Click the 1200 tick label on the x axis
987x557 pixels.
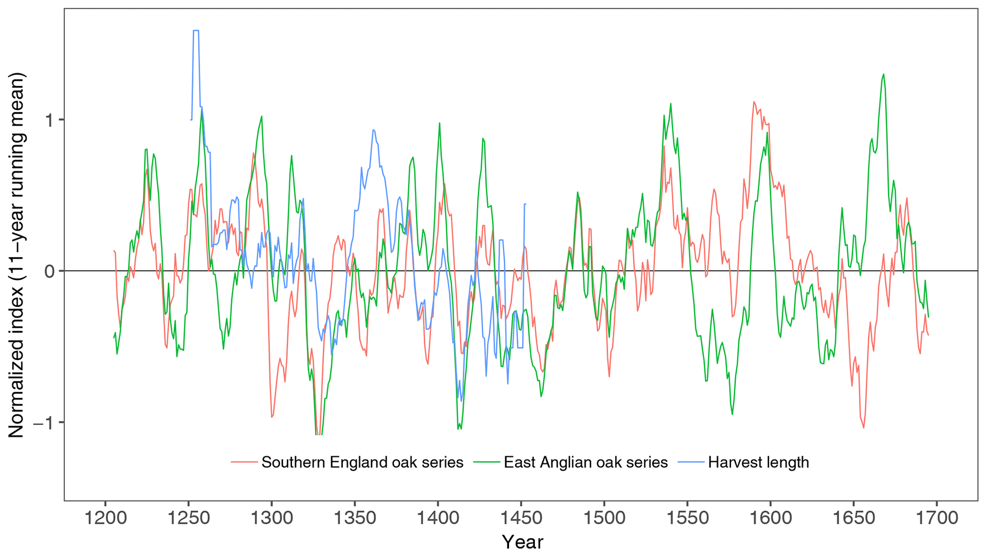[x=106, y=518]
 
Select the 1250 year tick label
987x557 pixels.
[x=189, y=518]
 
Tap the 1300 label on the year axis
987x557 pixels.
[x=272, y=518]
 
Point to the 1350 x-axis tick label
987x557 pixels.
[x=355, y=518]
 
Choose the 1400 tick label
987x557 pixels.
[x=438, y=518]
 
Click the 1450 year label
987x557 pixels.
[x=521, y=518]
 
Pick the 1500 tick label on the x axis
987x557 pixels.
[x=604, y=518]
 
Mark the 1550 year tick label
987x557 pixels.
[x=687, y=518]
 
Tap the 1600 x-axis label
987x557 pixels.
[x=770, y=518]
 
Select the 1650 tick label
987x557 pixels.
[x=853, y=518]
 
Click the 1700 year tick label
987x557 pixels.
[x=936, y=518]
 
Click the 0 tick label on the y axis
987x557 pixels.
[x=50, y=272]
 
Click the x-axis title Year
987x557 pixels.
[x=522, y=543]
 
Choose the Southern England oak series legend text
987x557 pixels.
[x=362, y=462]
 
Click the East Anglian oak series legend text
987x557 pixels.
[x=585, y=462]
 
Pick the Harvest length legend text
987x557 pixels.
[x=758, y=462]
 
